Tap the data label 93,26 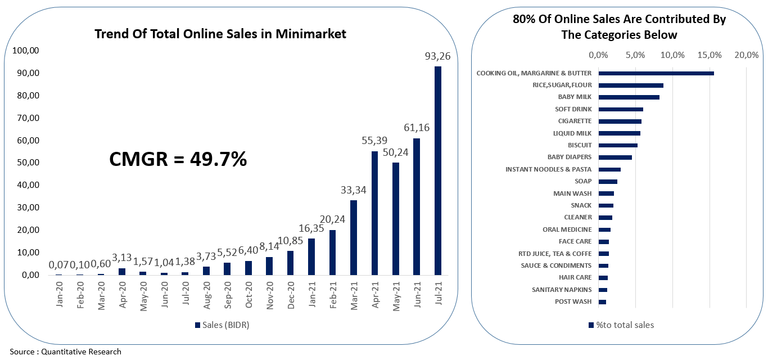click(437, 56)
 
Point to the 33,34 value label click(354, 190)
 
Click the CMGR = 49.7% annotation click(178, 160)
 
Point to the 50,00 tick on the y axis click(25, 163)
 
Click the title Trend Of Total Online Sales click(220, 34)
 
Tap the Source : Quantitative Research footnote click(65, 352)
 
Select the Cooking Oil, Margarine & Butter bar click(656, 73)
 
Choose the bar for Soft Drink click(621, 109)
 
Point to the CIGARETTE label click(575, 121)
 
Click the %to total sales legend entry click(621, 325)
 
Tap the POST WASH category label click(573, 301)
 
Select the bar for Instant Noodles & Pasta click(609, 169)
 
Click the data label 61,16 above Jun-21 click(417, 128)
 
